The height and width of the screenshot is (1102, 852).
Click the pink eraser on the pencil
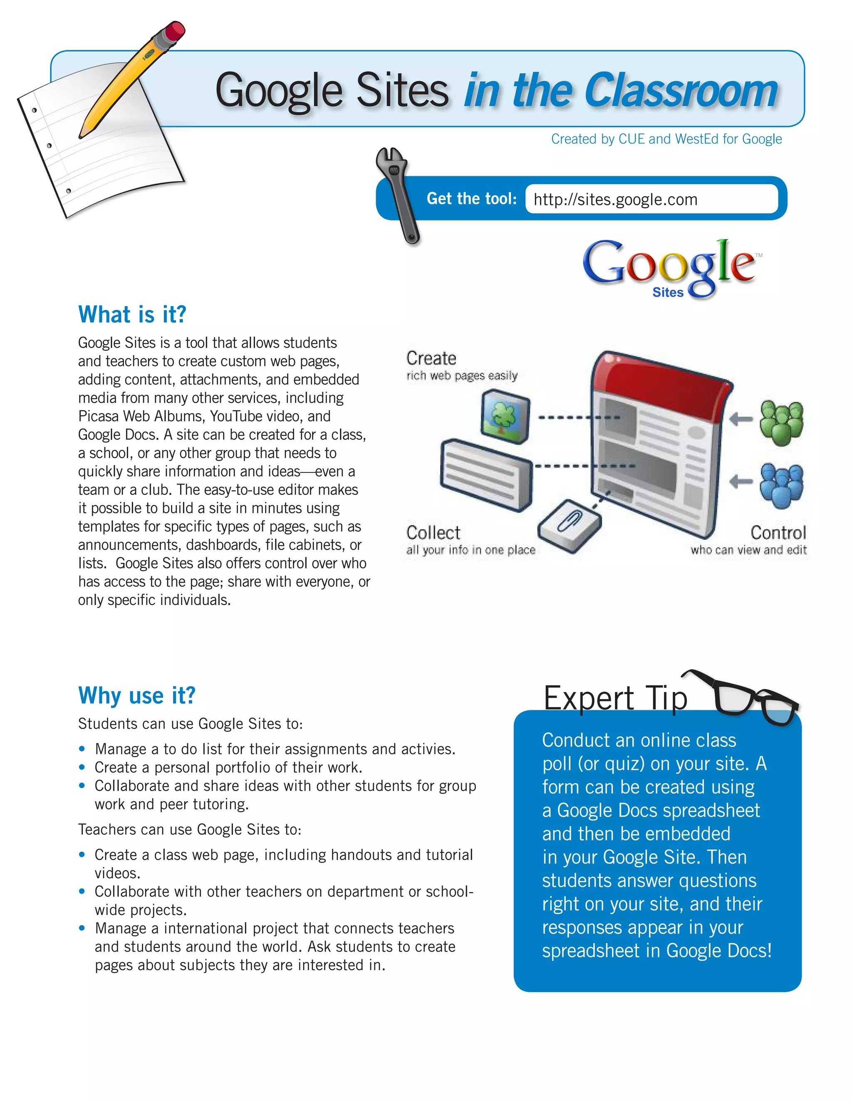click(x=175, y=31)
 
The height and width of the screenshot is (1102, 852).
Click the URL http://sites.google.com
click(x=615, y=200)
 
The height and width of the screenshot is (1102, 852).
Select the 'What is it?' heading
click(x=132, y=314)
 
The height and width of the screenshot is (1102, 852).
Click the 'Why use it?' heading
click(x=137, y=695)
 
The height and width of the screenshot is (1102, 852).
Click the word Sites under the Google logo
click(x=667, y=293)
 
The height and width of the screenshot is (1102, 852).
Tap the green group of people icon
click(x=781, y=423)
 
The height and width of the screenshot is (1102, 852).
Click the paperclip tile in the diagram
click(x=570, y=525)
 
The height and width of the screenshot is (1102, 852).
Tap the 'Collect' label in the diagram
click(x=433, y=533)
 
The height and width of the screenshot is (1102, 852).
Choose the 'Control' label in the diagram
click(x=778, y=533)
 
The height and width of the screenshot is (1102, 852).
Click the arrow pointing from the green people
click(x=741, y=418)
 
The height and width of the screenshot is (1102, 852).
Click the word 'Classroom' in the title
click(x=681, y=91)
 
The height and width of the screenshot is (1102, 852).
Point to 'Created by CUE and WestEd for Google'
click(x=666, y=139)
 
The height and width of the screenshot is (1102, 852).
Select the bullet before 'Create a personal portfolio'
click(x=82, y=768)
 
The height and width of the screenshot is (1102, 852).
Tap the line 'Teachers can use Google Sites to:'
click(x=189, y=830)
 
